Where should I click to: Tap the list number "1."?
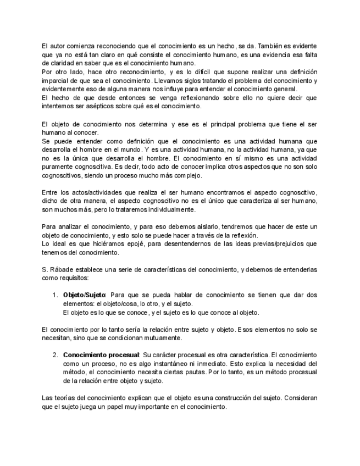[x=56, y=296]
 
